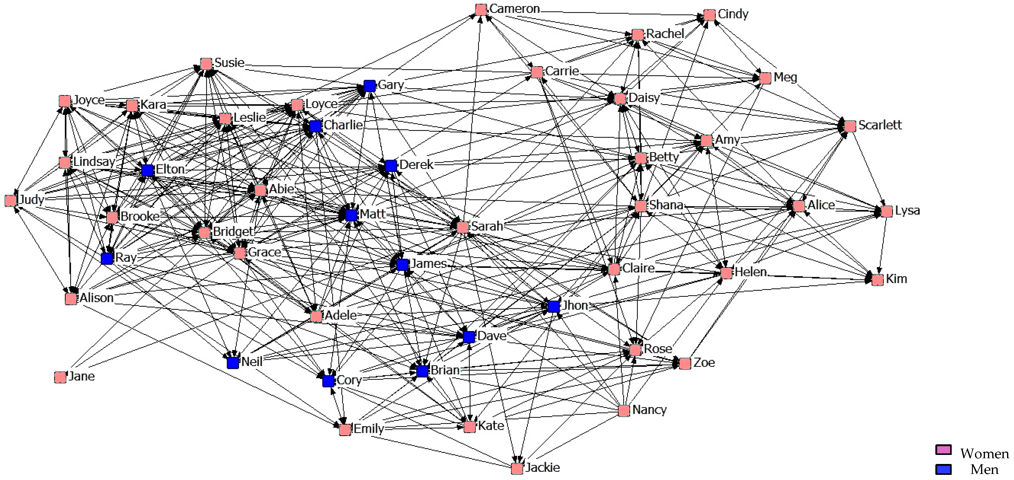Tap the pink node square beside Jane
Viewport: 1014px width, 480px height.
click(x=60, y=377)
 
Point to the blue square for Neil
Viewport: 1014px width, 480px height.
click(x=233, y=363)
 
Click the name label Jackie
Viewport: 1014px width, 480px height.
click(x=542, y=467)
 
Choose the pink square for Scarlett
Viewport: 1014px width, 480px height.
click(x=850, y=126)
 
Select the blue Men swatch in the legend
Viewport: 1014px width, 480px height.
click(x=943, y=469)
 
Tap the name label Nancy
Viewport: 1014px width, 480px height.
click(x=649, y=410)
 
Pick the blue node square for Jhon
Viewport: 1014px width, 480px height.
click(x=554, y=306)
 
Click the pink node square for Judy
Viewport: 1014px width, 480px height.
click(x=11, y=201)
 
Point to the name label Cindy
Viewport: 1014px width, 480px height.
click(x=733, y=14)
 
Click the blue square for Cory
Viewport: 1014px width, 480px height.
click(x=328, y=381)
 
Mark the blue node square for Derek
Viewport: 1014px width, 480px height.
click(x=391, y=166)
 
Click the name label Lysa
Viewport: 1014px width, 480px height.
click(x=907, y=210)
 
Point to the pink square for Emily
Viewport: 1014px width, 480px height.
click(x=345, y=430)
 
